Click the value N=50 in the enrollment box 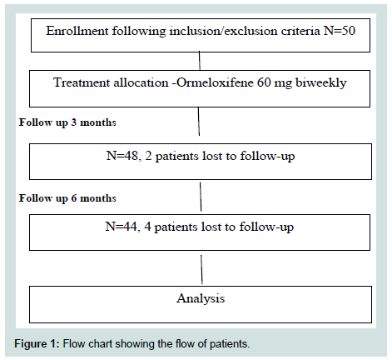point(340,31)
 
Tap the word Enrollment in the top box point(77,31)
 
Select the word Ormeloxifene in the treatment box point(215,82)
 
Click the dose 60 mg point(274,83)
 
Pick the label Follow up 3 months point(67,122)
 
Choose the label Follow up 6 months point(67,198)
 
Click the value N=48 point(122,156)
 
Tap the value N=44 point(122,227)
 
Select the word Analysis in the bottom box point(201,298)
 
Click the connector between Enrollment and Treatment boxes point(200,61)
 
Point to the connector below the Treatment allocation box point(199,122)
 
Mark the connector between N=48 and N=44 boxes point(201,197)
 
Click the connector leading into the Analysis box point(201,269)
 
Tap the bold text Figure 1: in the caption point(37,344)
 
